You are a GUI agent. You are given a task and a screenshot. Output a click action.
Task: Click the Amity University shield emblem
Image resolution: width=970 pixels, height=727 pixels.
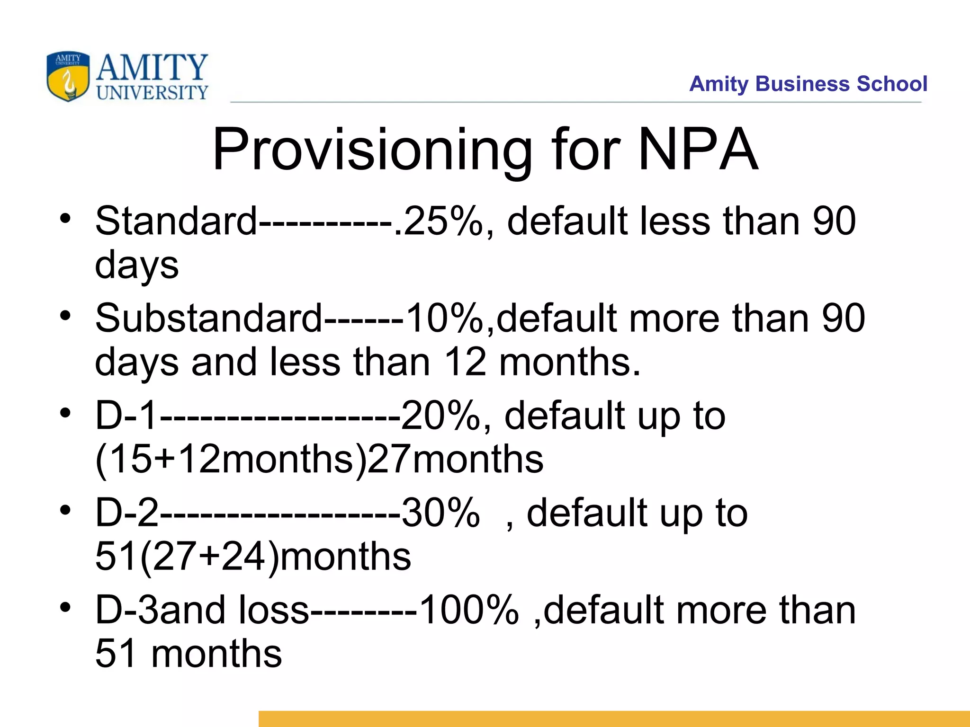pyautogui.click(x=68, y=76)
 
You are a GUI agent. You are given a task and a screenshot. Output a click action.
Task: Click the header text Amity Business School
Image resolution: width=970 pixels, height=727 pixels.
pyautogui.click(x=808, y=84)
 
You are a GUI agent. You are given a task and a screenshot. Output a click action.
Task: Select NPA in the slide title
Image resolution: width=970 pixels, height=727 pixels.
pyautogui.click(x=698, y=149)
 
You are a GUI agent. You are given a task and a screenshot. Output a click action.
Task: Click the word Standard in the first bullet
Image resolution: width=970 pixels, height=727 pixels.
pyautogui.click(x=176, y=221)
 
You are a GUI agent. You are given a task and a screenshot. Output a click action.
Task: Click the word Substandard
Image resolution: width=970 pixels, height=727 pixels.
pyautogui.click(x=208, y=318)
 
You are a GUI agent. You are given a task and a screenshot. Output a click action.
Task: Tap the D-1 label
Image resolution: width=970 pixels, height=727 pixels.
pyautogui.click(x=126, y=416)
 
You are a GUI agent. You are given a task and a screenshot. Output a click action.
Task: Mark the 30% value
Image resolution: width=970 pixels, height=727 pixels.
pyautogui.click(x=440, y=513)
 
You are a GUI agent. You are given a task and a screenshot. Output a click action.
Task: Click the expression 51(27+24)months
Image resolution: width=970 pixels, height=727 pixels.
pyautogui.click(x=253, y=556)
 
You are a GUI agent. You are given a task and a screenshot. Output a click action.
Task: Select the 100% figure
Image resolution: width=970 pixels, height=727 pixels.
pyautogui.click(x=469, y=610)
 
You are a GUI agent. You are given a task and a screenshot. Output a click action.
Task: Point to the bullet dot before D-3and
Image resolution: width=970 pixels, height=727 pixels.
pyautogui.click(x=65, y=607)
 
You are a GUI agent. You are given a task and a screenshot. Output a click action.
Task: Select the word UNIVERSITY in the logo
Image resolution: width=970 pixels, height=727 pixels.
pyautogui.click(x=152, y=92)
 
